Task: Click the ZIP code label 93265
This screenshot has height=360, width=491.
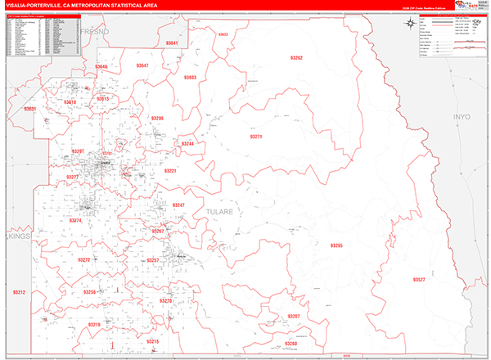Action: pos(336,245)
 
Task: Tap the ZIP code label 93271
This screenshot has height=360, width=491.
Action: pos(257,137)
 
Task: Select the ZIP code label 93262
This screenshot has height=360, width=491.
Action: pos(296,58)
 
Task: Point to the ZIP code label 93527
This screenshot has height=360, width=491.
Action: pos(419,280)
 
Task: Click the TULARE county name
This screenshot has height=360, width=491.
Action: pos(218,211)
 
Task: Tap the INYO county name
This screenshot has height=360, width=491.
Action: pos(462,118)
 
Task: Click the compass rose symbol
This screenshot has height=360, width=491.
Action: pos(408,24)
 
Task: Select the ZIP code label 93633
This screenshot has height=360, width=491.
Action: pos(223,34)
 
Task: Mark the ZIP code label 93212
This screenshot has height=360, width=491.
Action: pos(19,292)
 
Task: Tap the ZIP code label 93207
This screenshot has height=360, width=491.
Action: pos(294,316)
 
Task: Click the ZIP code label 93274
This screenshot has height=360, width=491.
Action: pos(75,221)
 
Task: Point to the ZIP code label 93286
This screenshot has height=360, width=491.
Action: pos(157,118)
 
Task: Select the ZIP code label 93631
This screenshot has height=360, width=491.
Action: pos(29,109)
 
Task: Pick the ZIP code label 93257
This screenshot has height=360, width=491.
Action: pos(151,260)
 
